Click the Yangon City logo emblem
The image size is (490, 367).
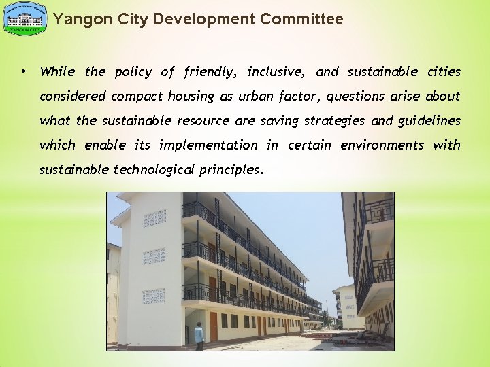click(25, 19)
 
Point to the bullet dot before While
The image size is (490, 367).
click(23, 71)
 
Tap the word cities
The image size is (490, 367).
click(444, 71)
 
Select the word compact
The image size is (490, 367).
click(140, 96)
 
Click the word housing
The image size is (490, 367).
click(191, 96)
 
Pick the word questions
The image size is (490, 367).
click(358, 96)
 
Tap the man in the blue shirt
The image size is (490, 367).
click(198, 335)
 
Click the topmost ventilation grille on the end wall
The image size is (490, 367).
click(154, 217)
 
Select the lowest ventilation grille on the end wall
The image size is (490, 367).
click(154, 296)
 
